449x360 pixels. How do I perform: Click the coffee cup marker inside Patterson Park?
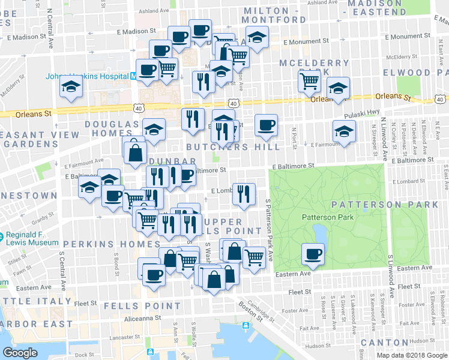click(312, 254)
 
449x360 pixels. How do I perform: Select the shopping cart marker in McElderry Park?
click(309, 80)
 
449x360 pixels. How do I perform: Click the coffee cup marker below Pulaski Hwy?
click(266, 125)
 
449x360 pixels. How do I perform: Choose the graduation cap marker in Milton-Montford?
click(257, 38)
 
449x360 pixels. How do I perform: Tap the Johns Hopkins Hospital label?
click(88, 76)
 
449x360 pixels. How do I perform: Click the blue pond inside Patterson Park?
click(318, 231)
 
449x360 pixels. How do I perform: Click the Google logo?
click(20, 352)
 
